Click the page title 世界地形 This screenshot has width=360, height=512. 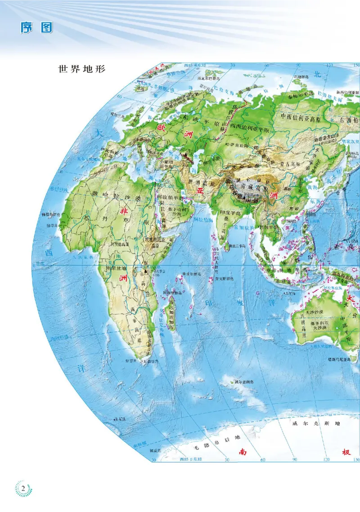(x=81, y=70)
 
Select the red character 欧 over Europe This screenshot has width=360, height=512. (x=161, y=128)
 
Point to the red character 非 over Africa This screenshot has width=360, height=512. (x=124, y=210)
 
